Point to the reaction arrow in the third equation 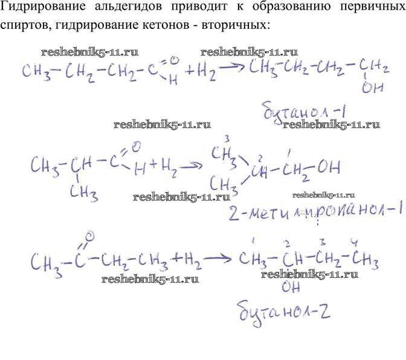tap(217, 260)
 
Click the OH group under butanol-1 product tap(369, 88)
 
